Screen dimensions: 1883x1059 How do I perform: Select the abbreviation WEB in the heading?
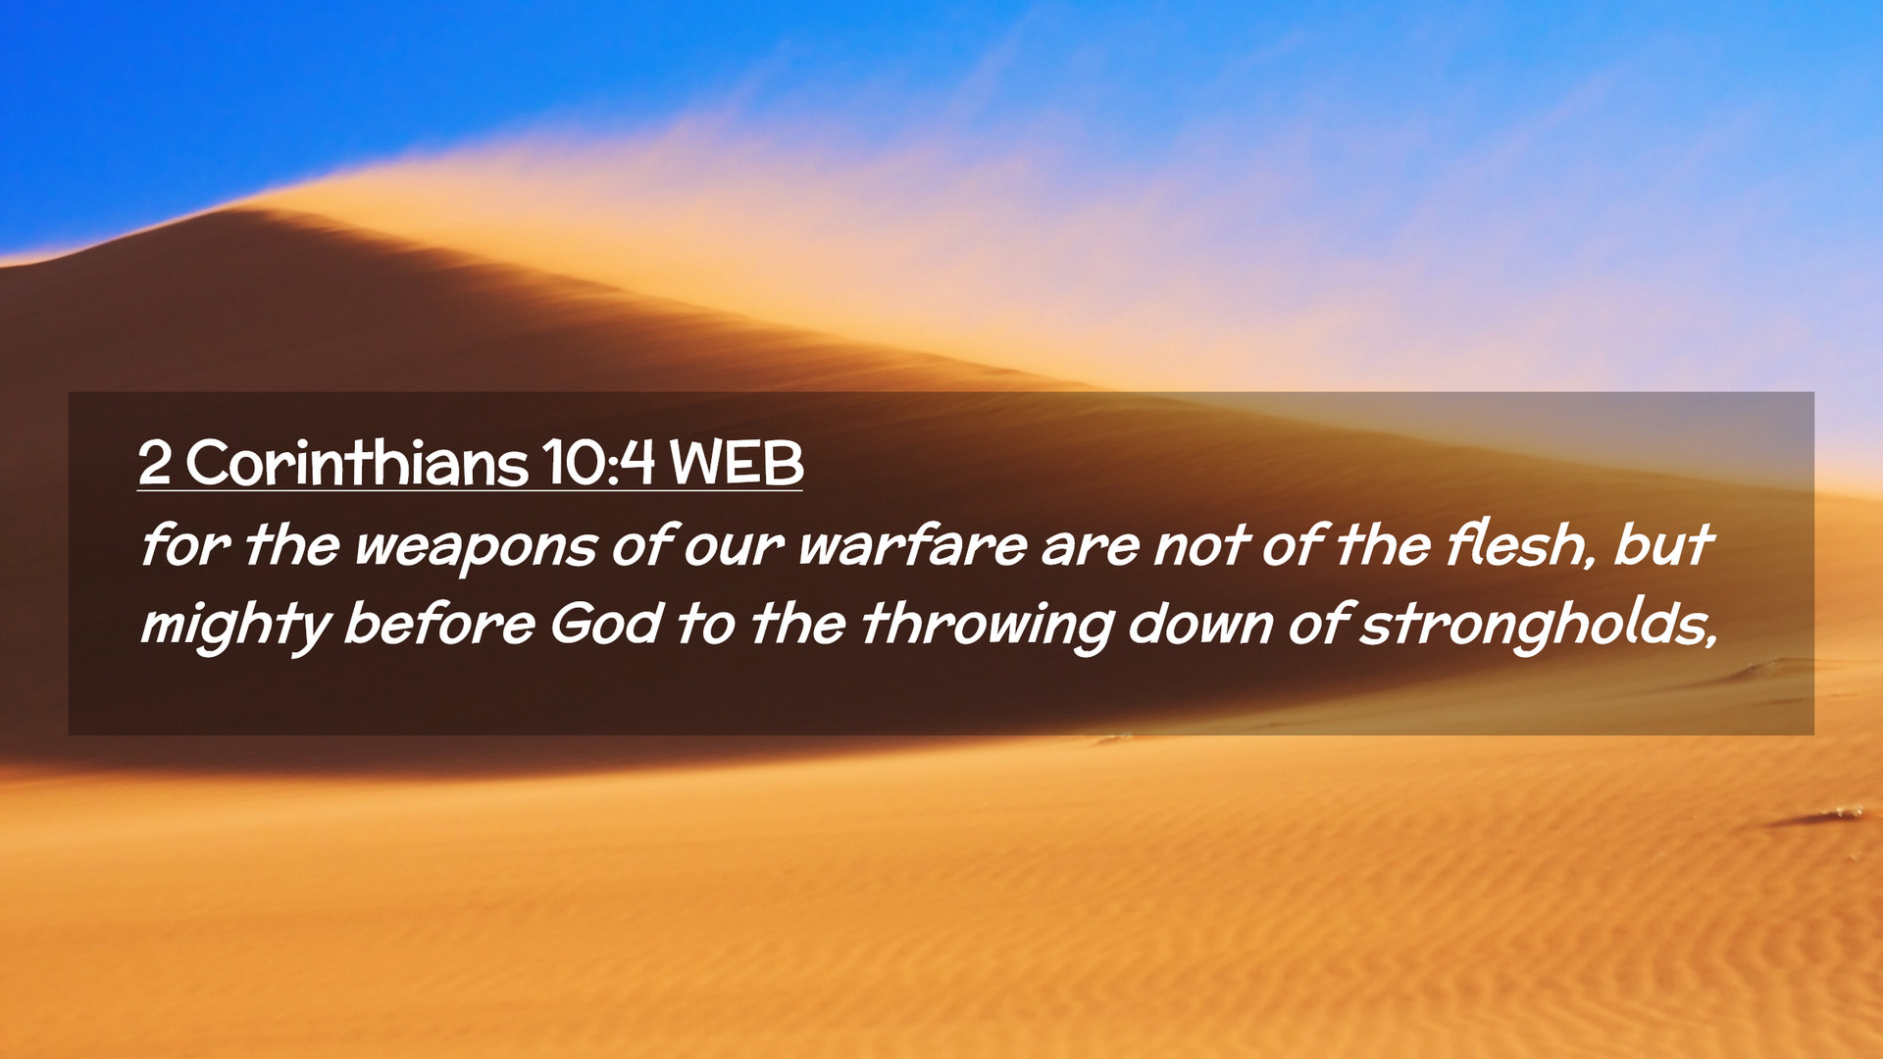[737, 463]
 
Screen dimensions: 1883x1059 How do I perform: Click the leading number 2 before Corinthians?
[155, 463]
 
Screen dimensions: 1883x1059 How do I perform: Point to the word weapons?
[475, 547]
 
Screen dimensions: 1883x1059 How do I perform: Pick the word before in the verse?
[438, 624]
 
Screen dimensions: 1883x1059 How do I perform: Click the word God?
[605, 624]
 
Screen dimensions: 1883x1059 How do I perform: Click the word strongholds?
[1538, 625]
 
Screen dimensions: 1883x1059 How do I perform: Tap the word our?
[733, 547]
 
